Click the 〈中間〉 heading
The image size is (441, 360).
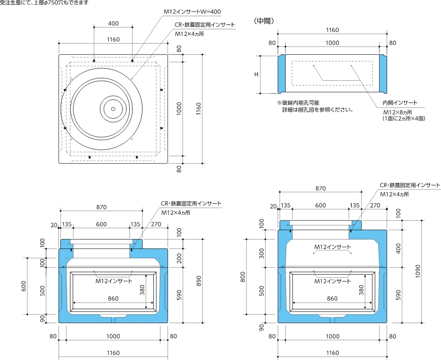pos(264,21)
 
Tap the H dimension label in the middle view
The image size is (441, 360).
pos(256,74)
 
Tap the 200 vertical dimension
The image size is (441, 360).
pos(179,258)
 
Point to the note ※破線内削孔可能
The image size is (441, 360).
pos(298,103)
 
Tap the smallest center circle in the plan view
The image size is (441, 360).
pos(113,109)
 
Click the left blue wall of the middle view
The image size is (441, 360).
pos(282,74)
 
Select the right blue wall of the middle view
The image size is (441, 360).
pos(383,74)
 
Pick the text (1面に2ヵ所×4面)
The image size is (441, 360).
pos(403,119)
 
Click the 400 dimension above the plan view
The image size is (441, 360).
pos(113,24)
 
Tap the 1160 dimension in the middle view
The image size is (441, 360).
pos(332,30)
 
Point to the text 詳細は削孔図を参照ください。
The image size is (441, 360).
pos(317,110)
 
